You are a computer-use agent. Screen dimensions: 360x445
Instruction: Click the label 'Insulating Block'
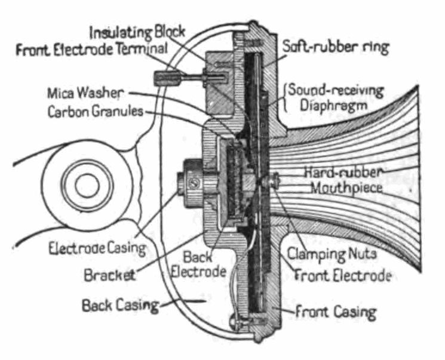[x=137, y=30]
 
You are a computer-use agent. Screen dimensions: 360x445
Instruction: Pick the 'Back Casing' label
[x=120, y=306]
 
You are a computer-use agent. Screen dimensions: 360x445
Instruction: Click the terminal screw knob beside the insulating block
[x=165, y=78]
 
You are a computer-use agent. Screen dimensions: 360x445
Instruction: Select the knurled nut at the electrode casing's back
[x=191, y=181]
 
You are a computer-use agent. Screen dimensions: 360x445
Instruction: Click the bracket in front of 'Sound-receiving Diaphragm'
[x=287, y=99]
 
